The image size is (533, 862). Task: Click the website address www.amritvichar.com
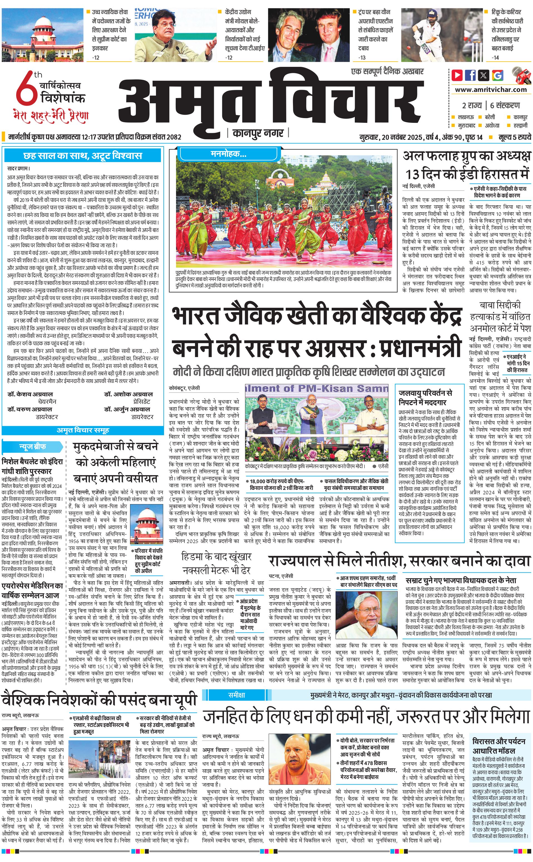click(490, 90)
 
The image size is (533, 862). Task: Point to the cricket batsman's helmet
click(429, 16)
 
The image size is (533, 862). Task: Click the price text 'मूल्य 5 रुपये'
click(514, 137)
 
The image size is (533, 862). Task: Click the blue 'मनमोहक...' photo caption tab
click(228, 154)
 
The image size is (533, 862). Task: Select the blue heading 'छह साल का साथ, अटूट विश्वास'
click(83, 155)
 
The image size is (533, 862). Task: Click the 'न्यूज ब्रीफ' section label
click(32, 446)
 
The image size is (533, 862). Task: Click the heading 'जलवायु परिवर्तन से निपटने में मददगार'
click(426, 397)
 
